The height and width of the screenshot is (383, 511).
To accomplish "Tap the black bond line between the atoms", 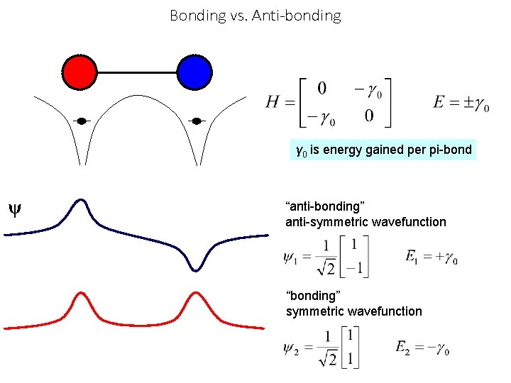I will pos(137,72).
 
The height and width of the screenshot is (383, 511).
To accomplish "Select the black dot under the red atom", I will pos(82,121).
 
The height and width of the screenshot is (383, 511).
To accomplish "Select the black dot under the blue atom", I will pos(197,121).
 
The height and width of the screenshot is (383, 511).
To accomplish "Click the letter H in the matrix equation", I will pos(273,103).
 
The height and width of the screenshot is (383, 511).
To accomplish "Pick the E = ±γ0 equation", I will pos(461,103).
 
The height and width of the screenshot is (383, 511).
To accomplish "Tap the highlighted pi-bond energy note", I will pos(383,150).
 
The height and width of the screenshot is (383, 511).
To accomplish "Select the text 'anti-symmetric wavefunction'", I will pos(366,222).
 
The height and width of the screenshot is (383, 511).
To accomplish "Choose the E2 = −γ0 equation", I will pos(423,348).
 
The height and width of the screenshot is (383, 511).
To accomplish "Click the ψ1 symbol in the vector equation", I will pos(292,257).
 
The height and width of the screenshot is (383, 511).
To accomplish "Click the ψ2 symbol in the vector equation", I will pos(292,348).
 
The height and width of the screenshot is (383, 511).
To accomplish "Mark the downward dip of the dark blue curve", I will pos(195,267).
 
